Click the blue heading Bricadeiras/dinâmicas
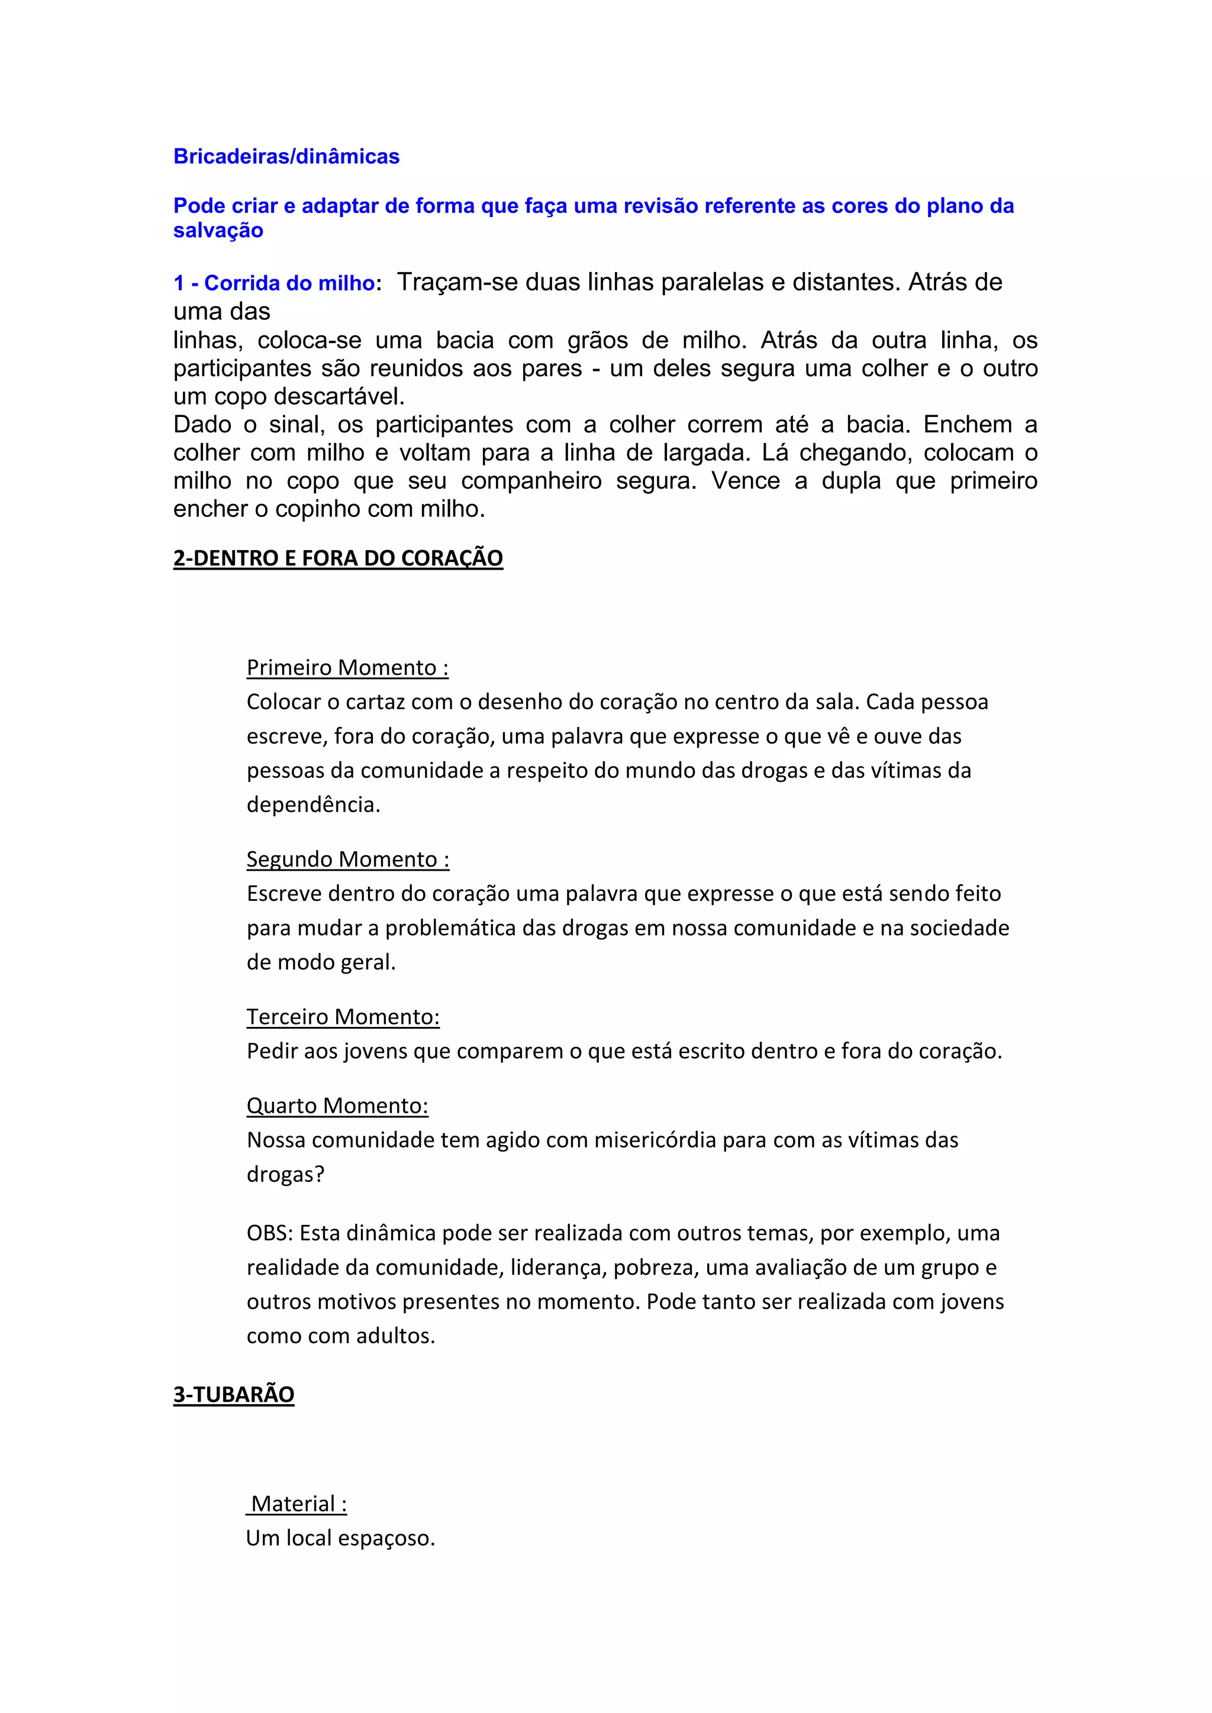(286, 157)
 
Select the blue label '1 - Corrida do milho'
(273, 283)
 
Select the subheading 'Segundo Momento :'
(348, 859)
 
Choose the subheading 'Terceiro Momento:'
(343, 1017)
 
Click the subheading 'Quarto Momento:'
(337, 1106)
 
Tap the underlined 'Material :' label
(298, 1504)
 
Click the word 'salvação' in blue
(218, 231)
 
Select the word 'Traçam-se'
(457, 283)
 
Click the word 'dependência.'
(314, 805)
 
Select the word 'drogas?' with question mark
(286, 1174)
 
